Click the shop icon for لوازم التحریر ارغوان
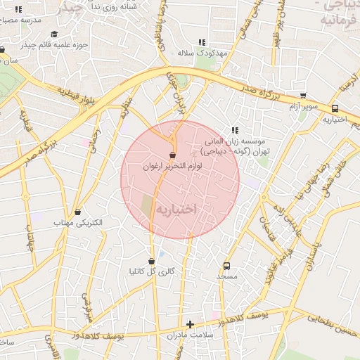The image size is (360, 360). click(x=172, y=155)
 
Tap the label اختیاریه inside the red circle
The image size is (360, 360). click(x=179, y=210)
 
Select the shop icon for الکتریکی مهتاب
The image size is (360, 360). click(x=77, y=212)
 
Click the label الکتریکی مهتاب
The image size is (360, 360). click(x=78, y=223)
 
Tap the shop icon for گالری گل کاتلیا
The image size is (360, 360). click(x=152, y=261)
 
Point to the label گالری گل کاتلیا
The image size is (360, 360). click(x=152, y=271)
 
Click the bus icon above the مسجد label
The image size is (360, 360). click(x=226, y=266)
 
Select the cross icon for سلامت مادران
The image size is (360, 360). click(x=190, y=324)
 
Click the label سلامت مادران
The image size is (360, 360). click(x=190, y=335)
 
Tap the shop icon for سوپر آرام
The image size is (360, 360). click(x=303, y=96)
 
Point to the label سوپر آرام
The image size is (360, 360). click(x=303, y=107)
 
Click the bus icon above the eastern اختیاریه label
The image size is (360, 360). click(x=335, y=109)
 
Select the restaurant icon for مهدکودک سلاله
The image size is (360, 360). click(x=202, y=42)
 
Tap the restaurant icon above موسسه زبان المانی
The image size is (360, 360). click(x=235, y=130)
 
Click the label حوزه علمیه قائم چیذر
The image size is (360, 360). click(x=53, y=45)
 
